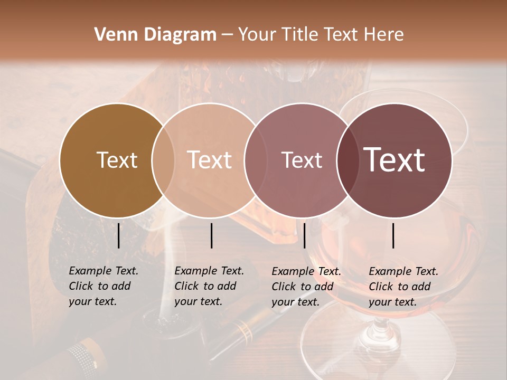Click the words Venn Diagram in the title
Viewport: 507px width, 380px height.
(x=155, y=35)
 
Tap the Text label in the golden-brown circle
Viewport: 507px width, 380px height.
(x=117, y=160)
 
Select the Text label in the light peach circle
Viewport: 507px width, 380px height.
(x=209, y=160)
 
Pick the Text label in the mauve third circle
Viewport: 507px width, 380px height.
(x=302, y=160)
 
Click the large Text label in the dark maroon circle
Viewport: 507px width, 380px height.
(x=395, y=160)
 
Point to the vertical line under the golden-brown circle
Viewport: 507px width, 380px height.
(x=118, y=235)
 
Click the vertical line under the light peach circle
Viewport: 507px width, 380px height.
(x=211, y=235)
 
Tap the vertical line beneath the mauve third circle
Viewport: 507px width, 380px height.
(x=304, y=235)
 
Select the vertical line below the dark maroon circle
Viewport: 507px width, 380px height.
(x=393, y=235)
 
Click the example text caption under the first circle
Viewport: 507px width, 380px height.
(x=104, y=286)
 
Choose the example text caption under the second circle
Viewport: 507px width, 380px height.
(x=209, y=286)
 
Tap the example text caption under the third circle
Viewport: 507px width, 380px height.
(x=306, y=287)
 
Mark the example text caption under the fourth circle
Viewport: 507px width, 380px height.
(x=403, y=287)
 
